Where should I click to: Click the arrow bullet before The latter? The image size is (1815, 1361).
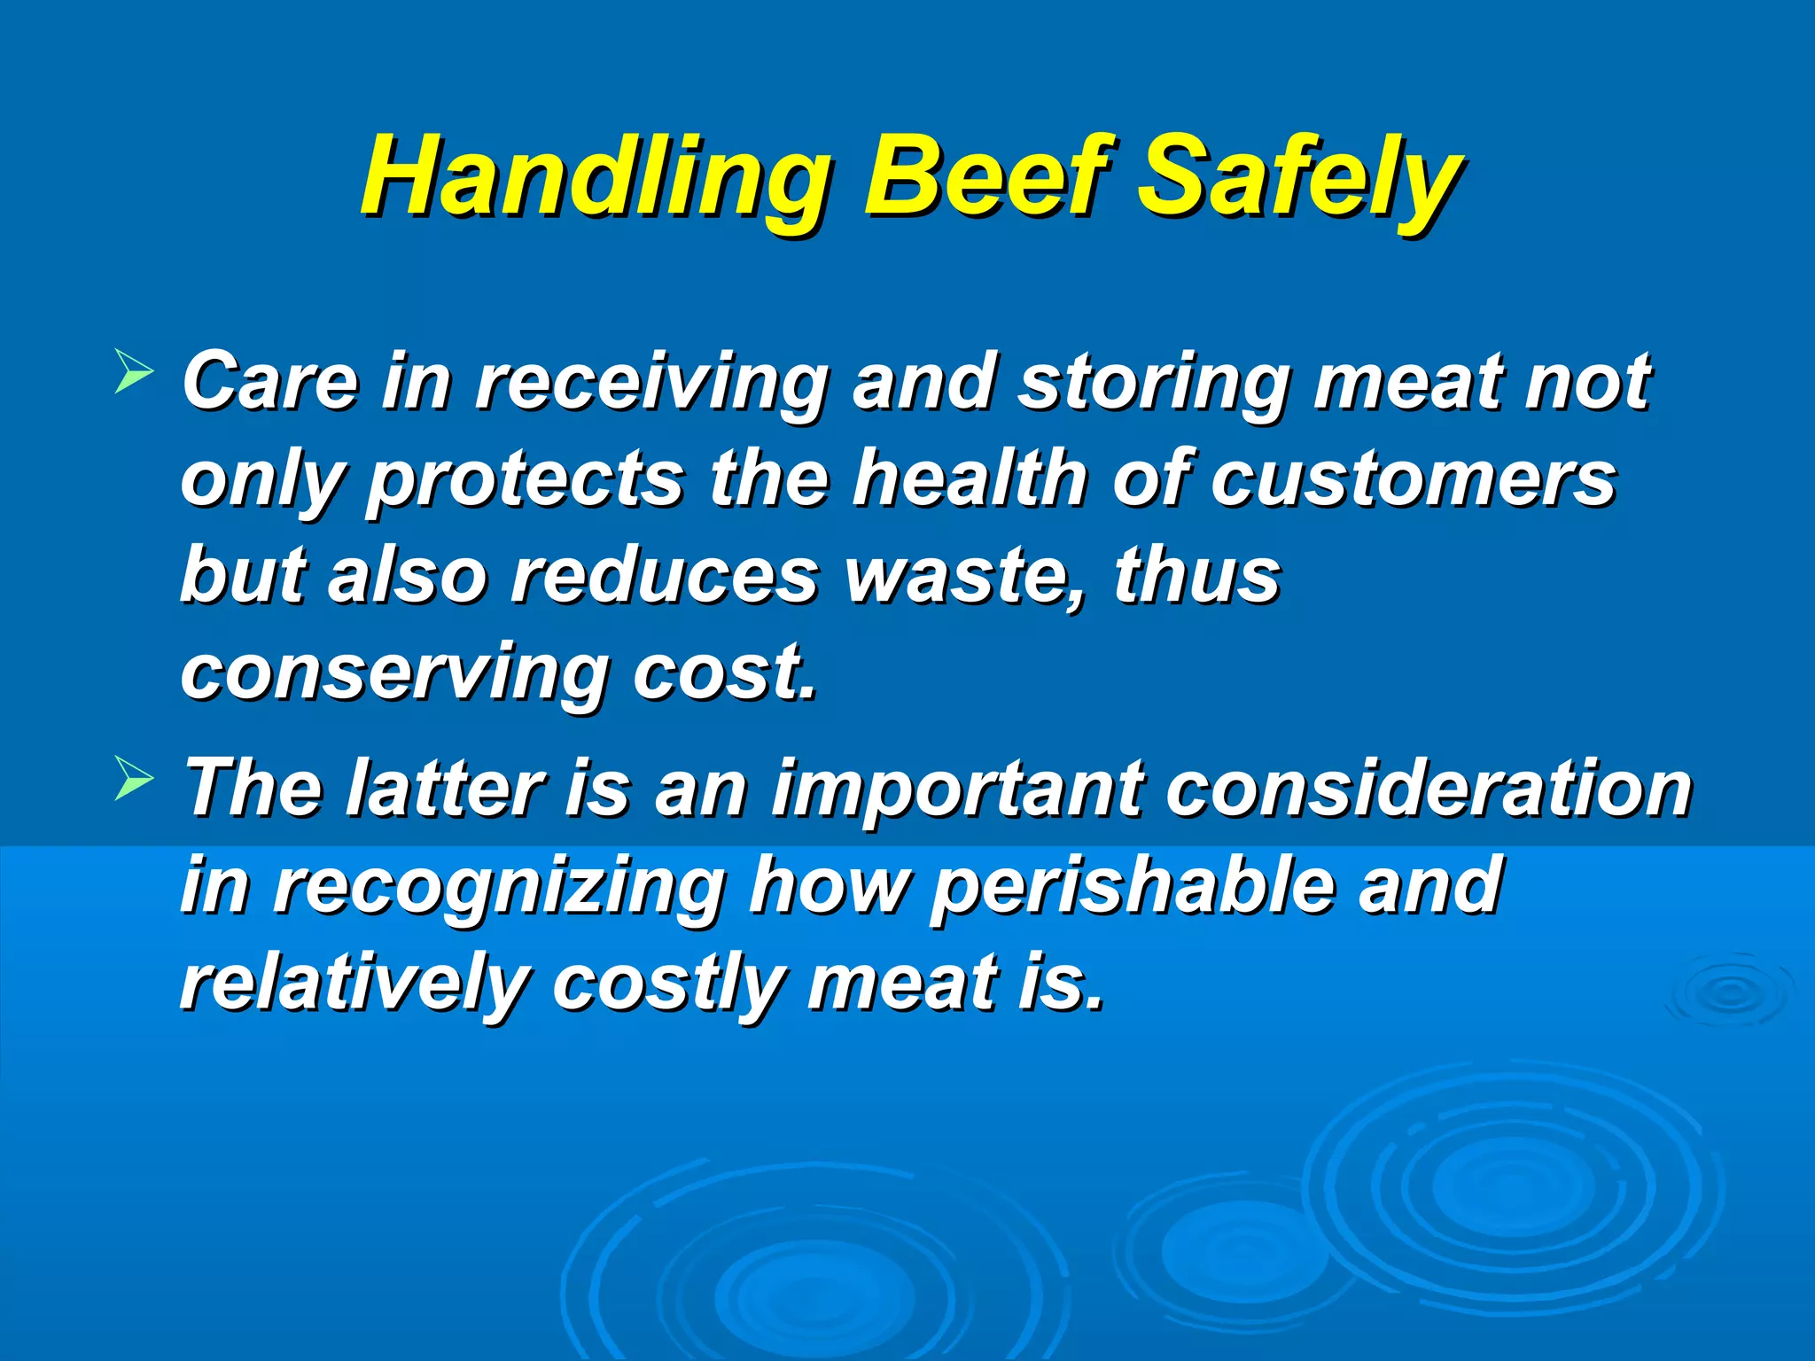[x=134, y=780]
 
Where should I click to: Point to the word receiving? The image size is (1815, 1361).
[x=651, y=383]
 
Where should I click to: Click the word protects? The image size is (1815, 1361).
[x=526, y=480]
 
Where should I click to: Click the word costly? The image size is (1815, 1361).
[x=666, y=984]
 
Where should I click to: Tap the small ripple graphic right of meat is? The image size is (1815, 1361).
[x=1728, y=992]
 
